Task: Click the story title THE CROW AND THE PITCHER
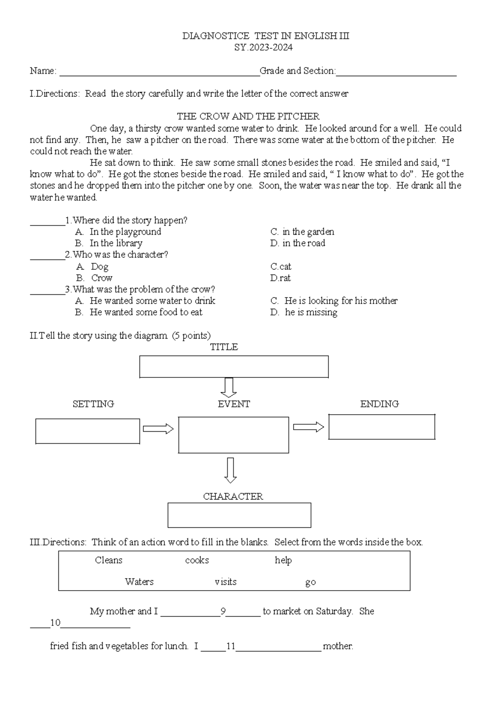point(248,116)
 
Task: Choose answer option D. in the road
point(297,243)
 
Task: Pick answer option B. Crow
point(94,278)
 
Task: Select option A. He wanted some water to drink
point(145,301)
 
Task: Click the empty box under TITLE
point(234,367)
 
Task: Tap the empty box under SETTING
point(87,431)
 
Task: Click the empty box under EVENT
point(234,435)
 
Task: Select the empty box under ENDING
point(381,427)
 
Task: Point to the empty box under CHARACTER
point(239,515)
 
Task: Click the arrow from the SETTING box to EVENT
point(158,429)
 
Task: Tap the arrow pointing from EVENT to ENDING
point(309,427)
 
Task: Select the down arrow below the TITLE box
point(228,387)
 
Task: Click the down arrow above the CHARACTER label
point(230,470)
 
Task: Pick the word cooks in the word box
point(197,560)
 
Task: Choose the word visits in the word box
point(226,582)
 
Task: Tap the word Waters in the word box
point(139,582)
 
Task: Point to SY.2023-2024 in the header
point(263,48)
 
